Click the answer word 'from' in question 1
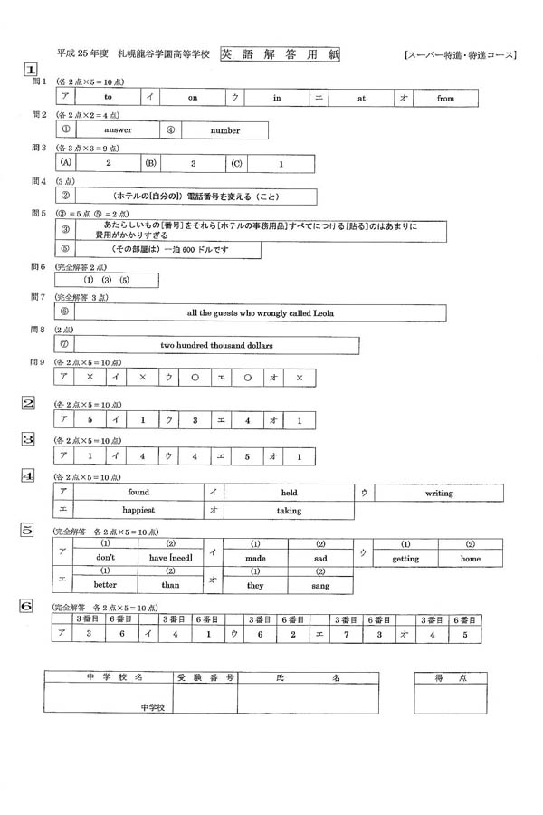444,97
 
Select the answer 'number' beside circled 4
225,130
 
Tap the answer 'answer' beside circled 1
118,130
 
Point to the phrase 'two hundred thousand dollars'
216,345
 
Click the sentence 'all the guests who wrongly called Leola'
261,312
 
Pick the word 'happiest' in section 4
138,511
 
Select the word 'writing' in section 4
439,493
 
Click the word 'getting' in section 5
405,559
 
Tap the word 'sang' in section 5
319,587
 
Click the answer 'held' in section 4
289,493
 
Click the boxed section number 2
29,403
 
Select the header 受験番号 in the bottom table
195,677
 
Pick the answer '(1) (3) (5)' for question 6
107,280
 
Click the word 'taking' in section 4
289,511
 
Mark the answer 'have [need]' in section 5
169,559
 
